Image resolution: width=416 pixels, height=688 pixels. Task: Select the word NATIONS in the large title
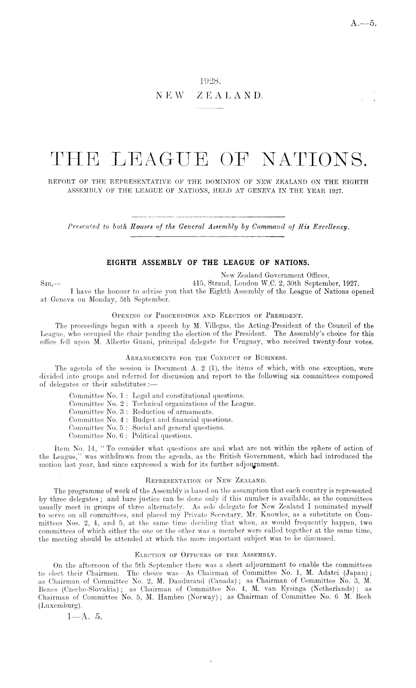[x=315, y=161]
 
